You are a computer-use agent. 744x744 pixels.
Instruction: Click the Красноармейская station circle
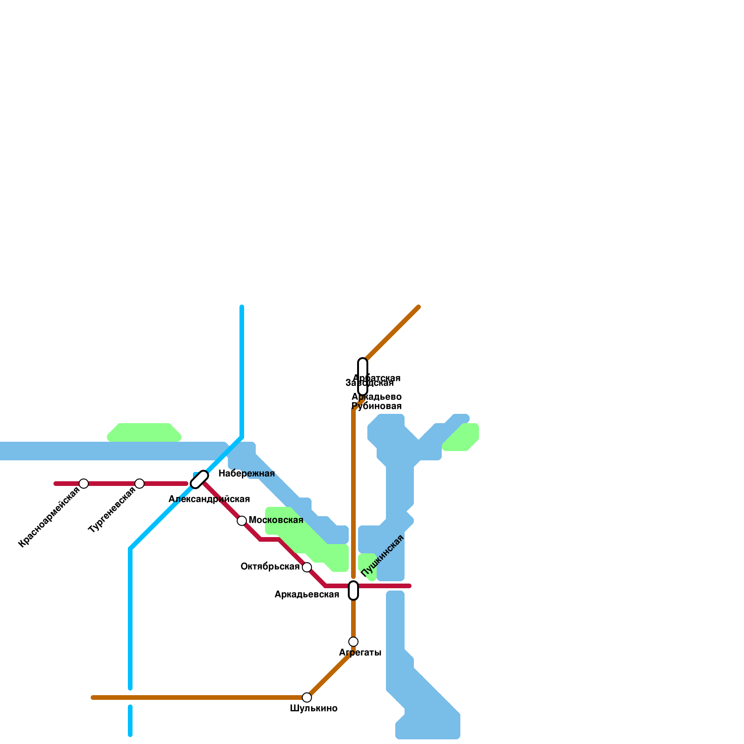pos(84,484)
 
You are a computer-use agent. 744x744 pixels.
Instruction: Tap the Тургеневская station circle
pos(139,484)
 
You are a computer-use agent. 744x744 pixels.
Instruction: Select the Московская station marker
pos(242,521)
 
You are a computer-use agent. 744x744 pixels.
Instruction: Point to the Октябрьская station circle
pos(307,567)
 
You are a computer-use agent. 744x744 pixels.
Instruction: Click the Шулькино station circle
pos(307,697)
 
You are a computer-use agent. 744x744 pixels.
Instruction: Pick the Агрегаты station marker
pos(353,642)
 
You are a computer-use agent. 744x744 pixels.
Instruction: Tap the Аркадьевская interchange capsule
pos(353,591)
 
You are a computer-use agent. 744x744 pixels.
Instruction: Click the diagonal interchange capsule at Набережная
pos(199,479)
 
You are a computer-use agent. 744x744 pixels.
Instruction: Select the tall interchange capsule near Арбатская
pos(363,377)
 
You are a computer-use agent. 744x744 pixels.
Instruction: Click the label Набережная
pos(246,474)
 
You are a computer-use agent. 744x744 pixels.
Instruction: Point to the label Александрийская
pos(209,499)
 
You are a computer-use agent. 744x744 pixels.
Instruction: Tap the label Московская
pos(276,520)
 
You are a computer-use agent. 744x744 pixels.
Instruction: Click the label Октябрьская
pos(270,567)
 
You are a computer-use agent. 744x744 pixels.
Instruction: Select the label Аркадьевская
pos(306,595)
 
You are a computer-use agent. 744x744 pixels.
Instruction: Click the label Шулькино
pos(313,709)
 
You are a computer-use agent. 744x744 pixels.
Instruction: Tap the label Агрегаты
pos(360,653)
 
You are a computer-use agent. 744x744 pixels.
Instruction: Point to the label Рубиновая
pos(376,406)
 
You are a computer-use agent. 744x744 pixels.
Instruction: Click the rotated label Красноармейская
pos(49,517)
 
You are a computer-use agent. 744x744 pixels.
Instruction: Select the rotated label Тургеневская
pos(112,510)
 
